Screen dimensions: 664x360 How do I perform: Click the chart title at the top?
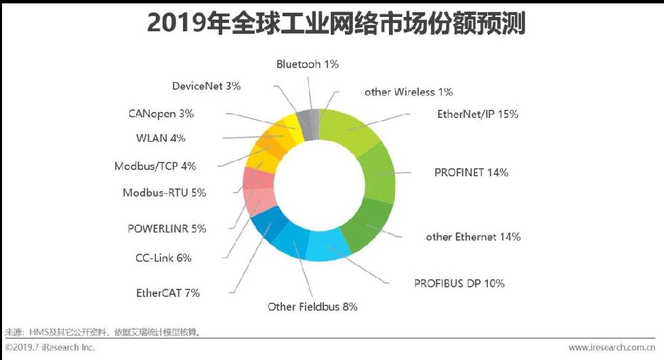click(336, 23)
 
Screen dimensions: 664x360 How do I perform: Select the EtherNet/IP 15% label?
click(478, 115)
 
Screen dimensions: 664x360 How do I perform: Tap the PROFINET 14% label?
click(472, 172)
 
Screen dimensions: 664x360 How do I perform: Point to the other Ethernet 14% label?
click(473, 237)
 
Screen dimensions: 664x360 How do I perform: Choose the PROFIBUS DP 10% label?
click(459, 283)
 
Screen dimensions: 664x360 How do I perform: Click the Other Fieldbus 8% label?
click(312, 306)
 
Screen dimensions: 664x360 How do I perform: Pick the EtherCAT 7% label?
click(168, 293)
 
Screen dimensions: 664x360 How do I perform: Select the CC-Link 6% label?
click(163, 258)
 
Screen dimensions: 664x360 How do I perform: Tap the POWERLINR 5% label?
click(167, 228)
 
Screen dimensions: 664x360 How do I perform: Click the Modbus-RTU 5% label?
click(164, 193)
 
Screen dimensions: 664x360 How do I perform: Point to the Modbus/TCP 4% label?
click(155, 166)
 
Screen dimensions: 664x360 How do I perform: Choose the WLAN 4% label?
click(161, 138)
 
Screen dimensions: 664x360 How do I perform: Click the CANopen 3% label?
click(161, 114)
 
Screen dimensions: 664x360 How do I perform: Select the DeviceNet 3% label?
click(206, 86)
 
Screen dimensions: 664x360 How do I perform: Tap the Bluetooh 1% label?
click(308, 64)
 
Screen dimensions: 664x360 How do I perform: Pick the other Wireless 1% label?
click(409, 92)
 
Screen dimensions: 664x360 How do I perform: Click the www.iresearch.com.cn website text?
click(612, 348)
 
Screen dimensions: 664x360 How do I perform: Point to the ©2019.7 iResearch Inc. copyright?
click(50, 347)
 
